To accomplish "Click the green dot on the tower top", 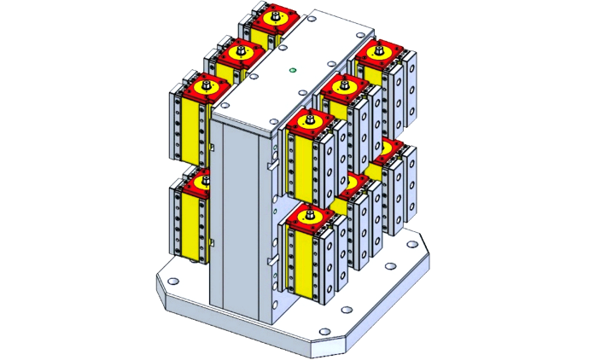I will click(x=292, y=71).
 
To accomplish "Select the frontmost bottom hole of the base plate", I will click(x=322, y=333).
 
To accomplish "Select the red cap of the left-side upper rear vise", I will click(x=274, y=18).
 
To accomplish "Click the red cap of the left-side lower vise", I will click(x=201, y=182).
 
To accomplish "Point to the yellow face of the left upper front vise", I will click(x=190, y=128).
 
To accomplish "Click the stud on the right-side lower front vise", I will click(x=310, y=212).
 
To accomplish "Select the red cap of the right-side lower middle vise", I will click(x=353, y=182).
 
